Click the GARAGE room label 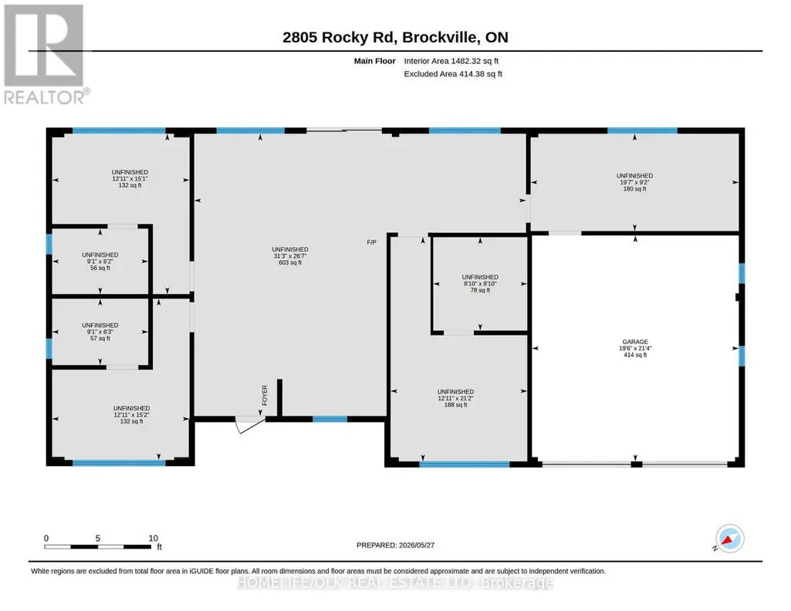click(634, 342)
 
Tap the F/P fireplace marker click(372, 242)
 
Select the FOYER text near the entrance click(265, 395)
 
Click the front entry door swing click(250, 424)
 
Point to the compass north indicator click(729, 539)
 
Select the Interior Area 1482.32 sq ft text click(451, 61)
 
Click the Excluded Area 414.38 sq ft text click(453, 74)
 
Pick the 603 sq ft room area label click(290, 262)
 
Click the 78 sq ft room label click(480, 290)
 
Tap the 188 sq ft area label click(455, 405)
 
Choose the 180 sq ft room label click(634, 189)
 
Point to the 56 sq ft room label click(100, 268)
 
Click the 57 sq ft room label click(100, 339)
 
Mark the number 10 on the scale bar click(154, 538)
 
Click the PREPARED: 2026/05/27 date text click(395, 545)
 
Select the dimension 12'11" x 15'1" click(130, 179)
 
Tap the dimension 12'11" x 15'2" click(131, 415)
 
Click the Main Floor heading click(375, 61)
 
